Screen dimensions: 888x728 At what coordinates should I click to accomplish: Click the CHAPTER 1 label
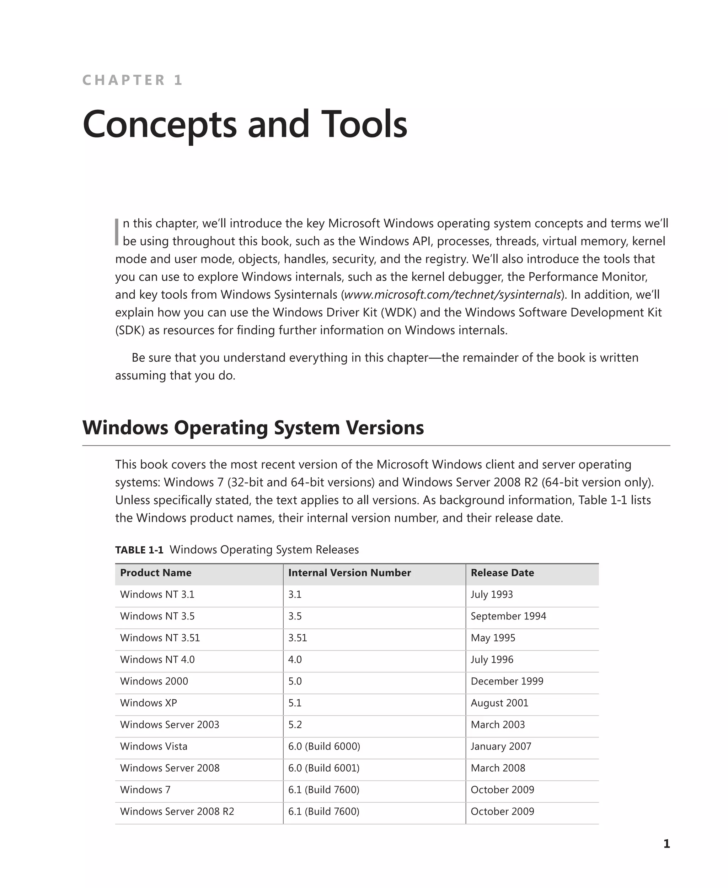pos(132,80)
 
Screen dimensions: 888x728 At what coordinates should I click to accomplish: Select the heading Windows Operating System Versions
pos(253,428)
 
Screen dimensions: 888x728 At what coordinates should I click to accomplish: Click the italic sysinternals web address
pos(453,294)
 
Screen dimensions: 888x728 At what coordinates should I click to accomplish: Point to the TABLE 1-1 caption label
pos(139,550)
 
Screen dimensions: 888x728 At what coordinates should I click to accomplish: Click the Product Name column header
pos(156,573)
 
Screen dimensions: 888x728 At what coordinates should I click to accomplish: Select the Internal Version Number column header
pos(349,573)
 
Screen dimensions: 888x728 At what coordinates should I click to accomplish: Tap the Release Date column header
pos(502,573)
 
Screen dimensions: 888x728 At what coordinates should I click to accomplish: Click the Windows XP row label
pos(149,703)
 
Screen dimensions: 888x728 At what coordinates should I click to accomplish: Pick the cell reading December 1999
pos(507,681)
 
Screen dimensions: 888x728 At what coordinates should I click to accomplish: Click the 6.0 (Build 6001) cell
pos(324,768)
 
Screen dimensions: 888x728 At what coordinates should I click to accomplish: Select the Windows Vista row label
pos(154,746)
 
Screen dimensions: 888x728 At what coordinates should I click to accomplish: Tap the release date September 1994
pos(508,616)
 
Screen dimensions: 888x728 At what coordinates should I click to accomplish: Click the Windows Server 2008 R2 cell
pos(177,812)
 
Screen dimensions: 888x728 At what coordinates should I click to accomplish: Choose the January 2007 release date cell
pos(501,746)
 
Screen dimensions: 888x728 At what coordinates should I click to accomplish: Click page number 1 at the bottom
pos(667,844)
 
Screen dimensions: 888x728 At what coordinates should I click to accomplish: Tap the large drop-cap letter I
pos(117,232)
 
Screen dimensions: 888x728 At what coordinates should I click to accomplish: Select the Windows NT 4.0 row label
pos(157,660)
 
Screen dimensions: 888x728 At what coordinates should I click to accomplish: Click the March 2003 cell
pos(497,725)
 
